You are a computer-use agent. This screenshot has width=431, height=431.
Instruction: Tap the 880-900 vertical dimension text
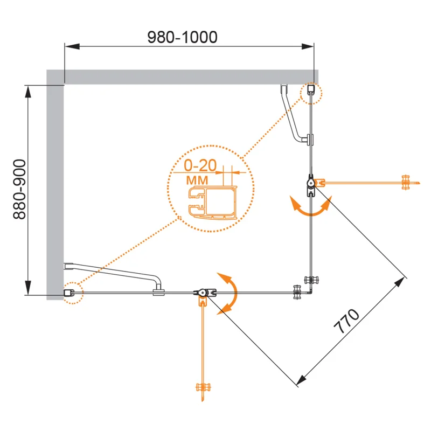[19, 189]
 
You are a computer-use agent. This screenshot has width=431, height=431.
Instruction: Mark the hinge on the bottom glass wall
[203, 293]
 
